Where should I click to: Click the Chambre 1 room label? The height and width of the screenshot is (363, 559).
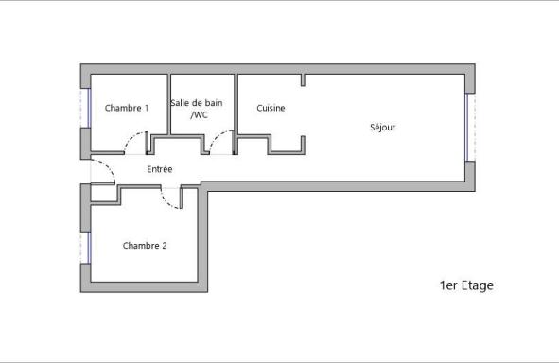tap(127, 108)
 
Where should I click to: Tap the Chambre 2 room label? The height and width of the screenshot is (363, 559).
tap(145, 246)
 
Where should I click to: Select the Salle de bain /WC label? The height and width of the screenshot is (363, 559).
tap(197, 109)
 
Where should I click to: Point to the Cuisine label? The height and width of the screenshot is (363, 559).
tap(271, 108)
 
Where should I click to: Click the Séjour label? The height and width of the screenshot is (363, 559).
tap(382, 128)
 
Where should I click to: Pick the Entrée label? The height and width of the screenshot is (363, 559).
tap(160, 169)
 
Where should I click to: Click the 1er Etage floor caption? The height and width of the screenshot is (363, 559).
tap(466, 285)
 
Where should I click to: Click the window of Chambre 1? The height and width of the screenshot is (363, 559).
tap(85, 108)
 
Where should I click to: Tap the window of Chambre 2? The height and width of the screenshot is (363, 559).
tap(85, 248)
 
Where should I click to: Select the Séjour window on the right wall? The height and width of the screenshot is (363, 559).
tap(470, 128)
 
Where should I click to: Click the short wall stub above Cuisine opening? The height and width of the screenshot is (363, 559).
tap(303, 80)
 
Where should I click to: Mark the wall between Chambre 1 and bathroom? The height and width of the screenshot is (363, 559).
tap(169, 104)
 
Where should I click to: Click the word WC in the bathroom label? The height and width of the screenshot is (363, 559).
tap(200, 115)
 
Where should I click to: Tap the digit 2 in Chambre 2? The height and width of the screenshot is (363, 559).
tap(164, 246)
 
